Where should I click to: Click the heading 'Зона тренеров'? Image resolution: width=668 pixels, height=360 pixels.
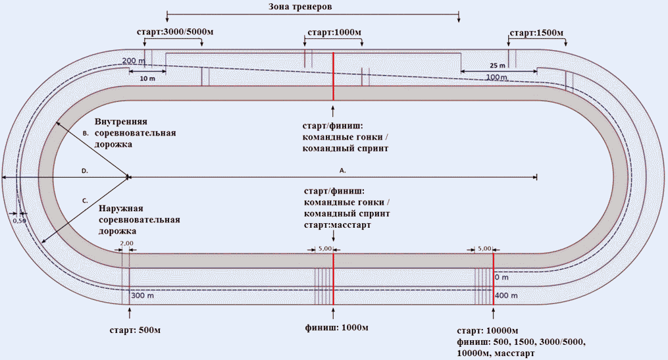coord(300,7)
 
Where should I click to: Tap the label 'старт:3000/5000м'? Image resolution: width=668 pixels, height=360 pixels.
coord(175,32)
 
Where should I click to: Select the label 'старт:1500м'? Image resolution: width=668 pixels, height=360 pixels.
coord(537,33)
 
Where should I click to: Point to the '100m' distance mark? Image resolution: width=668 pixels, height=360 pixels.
coord(497,77)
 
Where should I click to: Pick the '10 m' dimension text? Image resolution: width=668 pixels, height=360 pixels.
coord(147,79)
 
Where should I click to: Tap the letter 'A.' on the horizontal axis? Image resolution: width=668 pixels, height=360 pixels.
coord(342,170)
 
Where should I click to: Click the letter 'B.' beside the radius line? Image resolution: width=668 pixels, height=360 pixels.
coord(86,134)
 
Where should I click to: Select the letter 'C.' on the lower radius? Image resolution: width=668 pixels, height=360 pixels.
coord(85,200)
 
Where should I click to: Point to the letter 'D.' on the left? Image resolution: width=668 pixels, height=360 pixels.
coord(85,171)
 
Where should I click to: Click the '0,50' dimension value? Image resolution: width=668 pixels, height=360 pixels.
coord(20,221)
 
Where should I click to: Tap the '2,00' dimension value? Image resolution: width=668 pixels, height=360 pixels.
coord(126,244)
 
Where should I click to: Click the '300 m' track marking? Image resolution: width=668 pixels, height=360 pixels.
coord(143,296)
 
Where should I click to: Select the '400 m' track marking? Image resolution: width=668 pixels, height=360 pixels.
coord(507,296)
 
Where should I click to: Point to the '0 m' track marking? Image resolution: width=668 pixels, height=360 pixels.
coord(502,277)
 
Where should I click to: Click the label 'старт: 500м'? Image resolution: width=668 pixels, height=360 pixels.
coord(135,330)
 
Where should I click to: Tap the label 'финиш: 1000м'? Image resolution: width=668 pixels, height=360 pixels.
coord(336,328)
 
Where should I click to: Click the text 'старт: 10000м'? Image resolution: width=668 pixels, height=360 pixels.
coord(488,331)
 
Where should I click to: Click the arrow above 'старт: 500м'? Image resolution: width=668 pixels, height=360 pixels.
coord(130,313)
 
